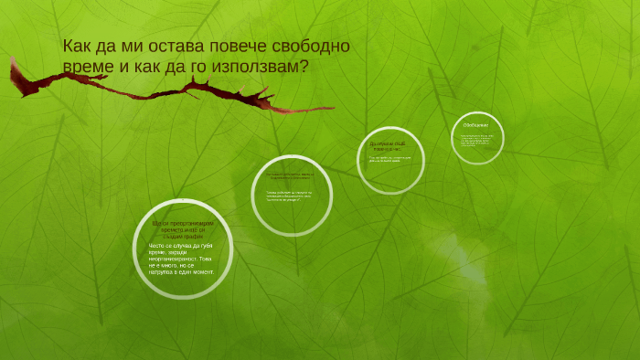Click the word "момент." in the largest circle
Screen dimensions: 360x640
pos(202,271)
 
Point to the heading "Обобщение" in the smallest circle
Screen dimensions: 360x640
pos(476,125)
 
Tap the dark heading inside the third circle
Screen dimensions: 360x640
pos(391,147)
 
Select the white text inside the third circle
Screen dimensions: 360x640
pos(390,163)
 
